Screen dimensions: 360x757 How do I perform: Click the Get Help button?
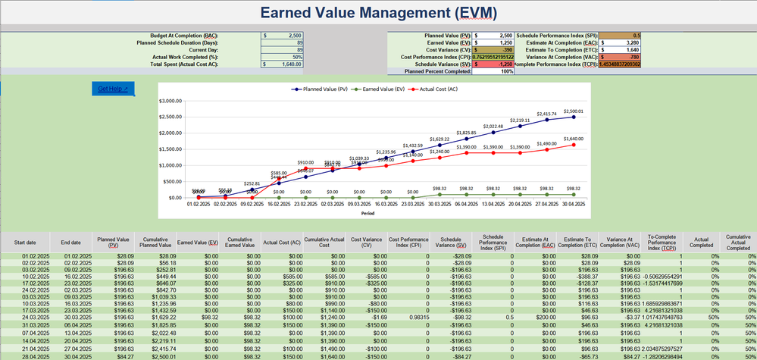pyautogui.click(x=114, y=89)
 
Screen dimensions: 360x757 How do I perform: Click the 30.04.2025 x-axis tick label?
pyautogui.click(x=574, y=204)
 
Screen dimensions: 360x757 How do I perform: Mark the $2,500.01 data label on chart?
pyautogui.click(x=574, y=111)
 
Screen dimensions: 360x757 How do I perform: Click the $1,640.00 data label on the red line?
pyautogui.click(x=574, y=139)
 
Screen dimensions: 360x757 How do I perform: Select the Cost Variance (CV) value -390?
pyautogui.click(x=494, y=50)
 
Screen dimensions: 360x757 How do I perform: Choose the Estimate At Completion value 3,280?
pyautogui.click(x=621, y=43)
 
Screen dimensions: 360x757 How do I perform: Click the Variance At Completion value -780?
pyautogui.click(x=621, y=57)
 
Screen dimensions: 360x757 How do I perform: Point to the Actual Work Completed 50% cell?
pyautogui.click(x=282, y=58)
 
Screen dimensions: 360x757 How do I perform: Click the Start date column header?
pyautogui.click(x=22, y=243)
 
